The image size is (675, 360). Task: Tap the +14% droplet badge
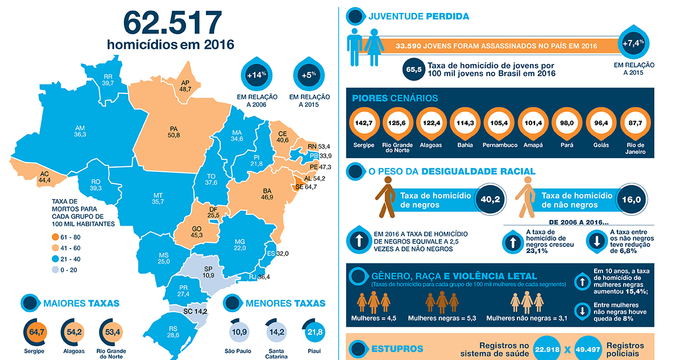(255, 75)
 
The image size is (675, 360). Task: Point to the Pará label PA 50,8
(174, 131)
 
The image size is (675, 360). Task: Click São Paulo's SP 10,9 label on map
(208, 272)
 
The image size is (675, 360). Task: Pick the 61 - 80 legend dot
(55, 236)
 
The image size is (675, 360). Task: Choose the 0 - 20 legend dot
(55, 270)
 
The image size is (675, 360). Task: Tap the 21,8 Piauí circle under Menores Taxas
(314, 332)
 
